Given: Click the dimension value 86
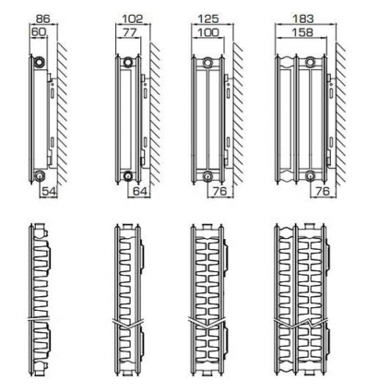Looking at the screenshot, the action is click(x=41, y=18).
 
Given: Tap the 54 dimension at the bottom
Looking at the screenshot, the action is click(x=49, y=192).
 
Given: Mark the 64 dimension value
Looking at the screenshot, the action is click(x=139, y=192).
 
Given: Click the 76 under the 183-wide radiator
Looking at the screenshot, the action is click(x=321, y=192).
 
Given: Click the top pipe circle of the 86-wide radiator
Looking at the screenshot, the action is click(x=39, y=62).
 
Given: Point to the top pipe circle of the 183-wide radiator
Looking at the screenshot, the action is click(x=311, y=62).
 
